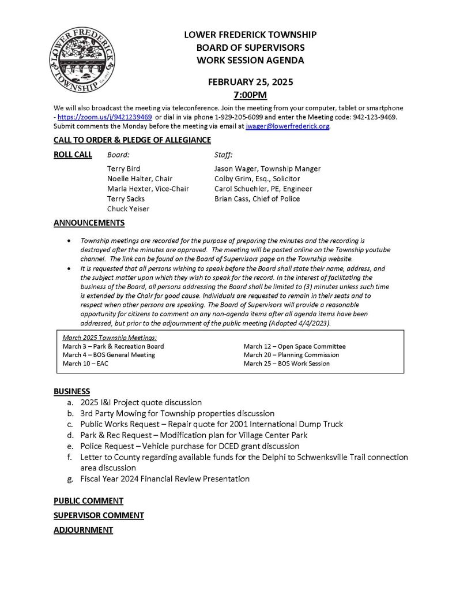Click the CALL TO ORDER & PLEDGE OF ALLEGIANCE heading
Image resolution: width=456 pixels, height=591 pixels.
(132, 140)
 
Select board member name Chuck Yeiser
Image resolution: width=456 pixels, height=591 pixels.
(128, 209)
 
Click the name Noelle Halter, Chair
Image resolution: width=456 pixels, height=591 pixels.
(140, 179)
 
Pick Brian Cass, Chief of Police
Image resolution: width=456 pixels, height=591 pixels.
(257, 199)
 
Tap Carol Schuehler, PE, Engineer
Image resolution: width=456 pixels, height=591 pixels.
(263, 189)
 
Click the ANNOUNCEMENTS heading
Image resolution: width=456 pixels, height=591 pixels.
(89, 223)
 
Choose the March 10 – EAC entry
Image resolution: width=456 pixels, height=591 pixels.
(81, 364)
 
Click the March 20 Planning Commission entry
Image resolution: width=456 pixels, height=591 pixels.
(291, 355)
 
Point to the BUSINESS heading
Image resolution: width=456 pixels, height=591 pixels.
(71, 391)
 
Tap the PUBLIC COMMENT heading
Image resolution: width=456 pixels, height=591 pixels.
(88, 500)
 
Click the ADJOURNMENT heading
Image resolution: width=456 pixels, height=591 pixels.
(83, 529)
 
